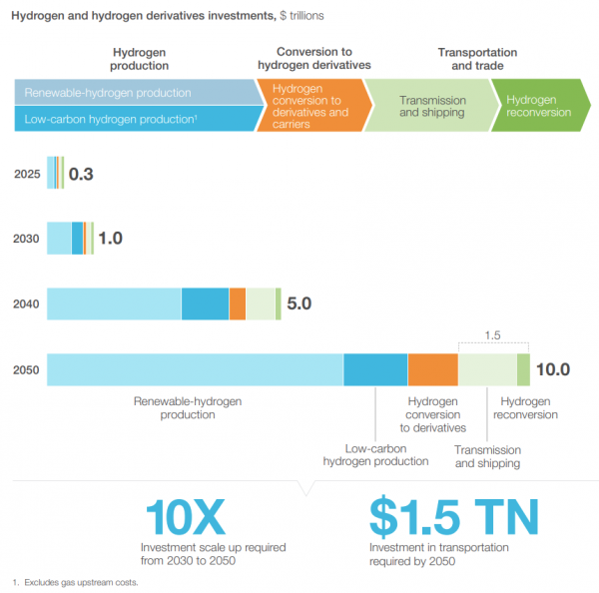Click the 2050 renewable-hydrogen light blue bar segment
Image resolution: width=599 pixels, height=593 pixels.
click(195, 369)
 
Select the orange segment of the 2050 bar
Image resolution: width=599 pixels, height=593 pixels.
click(432, 369)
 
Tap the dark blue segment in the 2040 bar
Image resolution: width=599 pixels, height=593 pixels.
click(205, 303)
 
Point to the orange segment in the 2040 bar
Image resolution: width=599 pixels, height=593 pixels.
click(237, 303)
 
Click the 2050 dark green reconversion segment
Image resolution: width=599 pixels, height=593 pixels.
click(523, 369)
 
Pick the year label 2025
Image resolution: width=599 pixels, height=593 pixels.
click(27, 174)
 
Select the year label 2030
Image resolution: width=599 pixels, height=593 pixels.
click(27, 239)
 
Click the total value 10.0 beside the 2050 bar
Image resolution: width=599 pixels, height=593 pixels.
click(552, 369)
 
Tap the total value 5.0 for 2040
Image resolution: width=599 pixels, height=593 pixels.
click(299, 303)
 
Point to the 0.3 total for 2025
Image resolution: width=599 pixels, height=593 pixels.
click(81, 174)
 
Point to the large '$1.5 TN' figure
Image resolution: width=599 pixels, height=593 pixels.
click(453, 516)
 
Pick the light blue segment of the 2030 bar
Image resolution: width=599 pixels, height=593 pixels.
click(59, 239)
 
